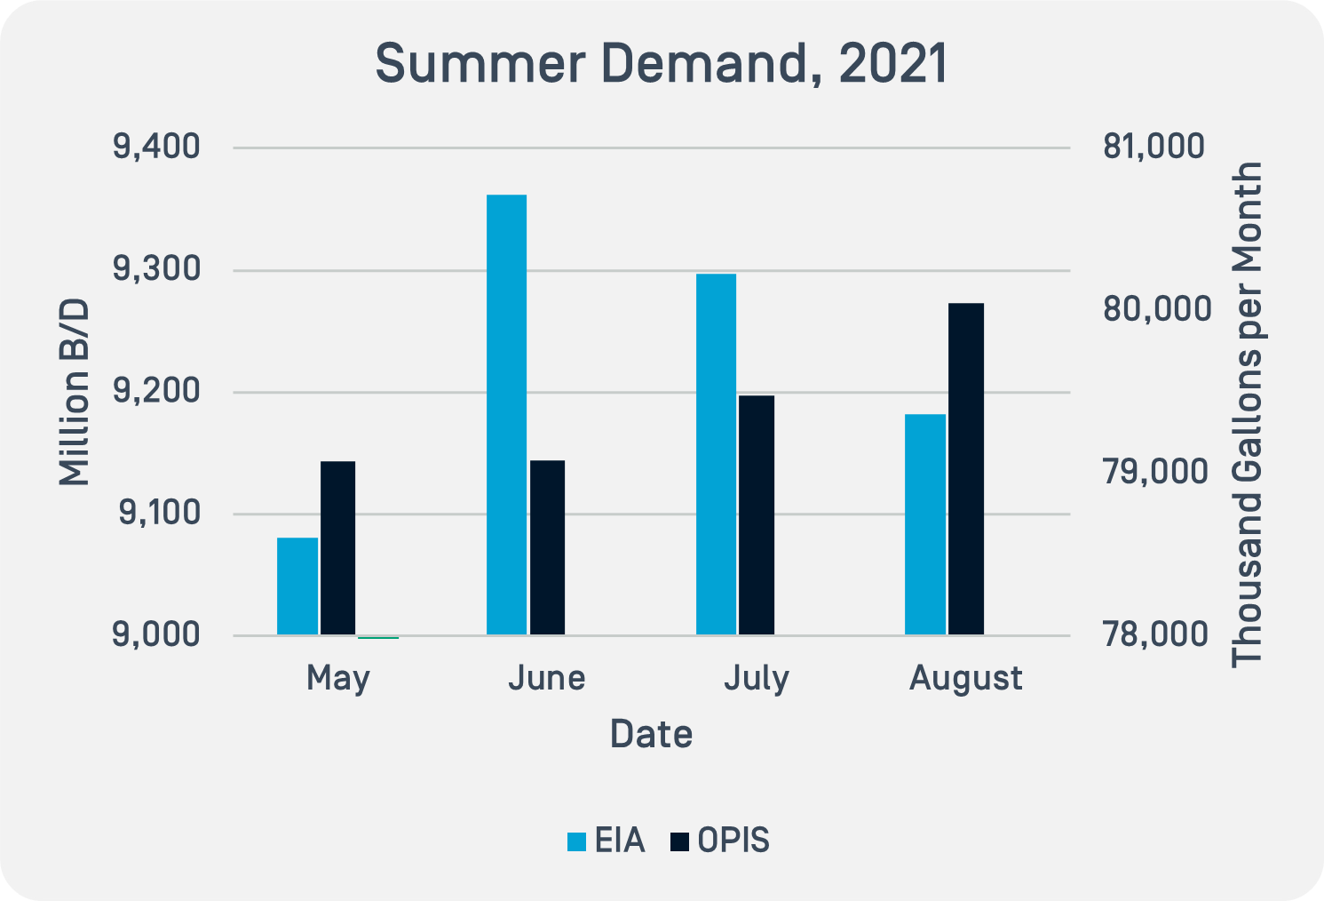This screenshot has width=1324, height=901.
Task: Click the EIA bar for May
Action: tap(297, 586)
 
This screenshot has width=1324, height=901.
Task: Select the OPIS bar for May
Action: tap(338, 547)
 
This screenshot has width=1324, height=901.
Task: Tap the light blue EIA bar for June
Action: tap(507, 414)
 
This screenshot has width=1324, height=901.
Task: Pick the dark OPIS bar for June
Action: tap(548, 547)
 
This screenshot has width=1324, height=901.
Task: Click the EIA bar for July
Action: tap(717, 454)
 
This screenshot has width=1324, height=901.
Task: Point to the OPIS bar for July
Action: tap(757, 514)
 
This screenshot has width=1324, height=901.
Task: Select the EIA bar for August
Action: tap(925, 524)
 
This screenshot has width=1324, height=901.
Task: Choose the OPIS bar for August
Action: tap(966, 468)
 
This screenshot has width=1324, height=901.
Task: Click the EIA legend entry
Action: tap(607, 841)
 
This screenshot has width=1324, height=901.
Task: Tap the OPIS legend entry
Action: tap(721, 841)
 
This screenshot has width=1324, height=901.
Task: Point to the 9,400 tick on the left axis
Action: tap(156, 147)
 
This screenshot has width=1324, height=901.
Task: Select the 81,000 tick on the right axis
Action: tap(1154, 147)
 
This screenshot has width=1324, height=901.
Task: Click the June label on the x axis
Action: tap(547, 678)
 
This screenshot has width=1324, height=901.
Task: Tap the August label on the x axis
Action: tap(966, 679)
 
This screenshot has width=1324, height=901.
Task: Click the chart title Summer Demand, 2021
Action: tap(662, 64)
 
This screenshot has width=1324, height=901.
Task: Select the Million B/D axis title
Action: tap(75, 391)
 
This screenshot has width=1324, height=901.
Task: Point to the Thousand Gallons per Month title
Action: tap(1249, 413)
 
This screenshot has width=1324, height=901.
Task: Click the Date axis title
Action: tap(651, 734)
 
